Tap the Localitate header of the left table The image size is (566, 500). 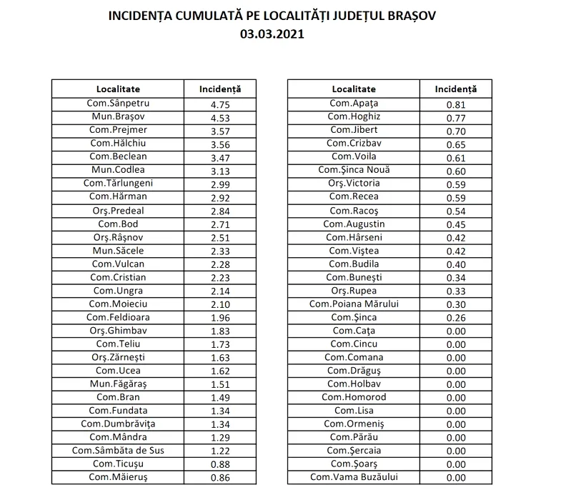pos(118,89)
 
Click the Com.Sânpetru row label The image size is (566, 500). pos(118,103)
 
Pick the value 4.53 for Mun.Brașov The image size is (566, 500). pos(219,116)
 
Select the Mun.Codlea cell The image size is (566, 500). pos(118,170)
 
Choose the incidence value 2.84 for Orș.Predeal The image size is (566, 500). pos(219,211)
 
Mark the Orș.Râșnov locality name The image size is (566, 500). pos(118,237)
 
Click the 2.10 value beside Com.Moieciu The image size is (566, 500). pos(219,304)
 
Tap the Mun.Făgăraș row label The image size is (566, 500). pos(118,384)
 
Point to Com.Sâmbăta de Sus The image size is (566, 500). pos(118,451)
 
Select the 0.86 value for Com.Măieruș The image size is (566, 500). pos(219,478)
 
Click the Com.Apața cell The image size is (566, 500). pos(354,103)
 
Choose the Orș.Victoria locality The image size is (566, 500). pos(354,184)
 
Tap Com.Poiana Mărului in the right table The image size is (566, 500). pos(354,304)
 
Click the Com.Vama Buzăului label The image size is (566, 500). pos(354,478)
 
